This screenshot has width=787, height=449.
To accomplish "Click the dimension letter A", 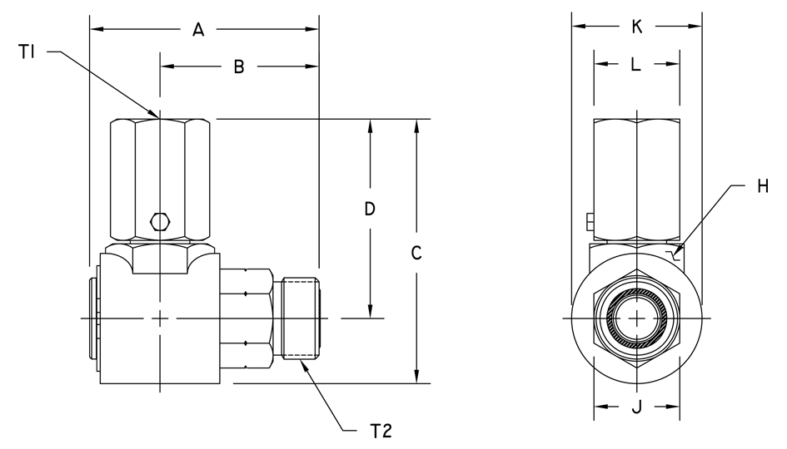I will [198, 30].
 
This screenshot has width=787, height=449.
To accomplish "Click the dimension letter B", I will [238, 67].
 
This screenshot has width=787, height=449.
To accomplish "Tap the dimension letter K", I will [637, 27].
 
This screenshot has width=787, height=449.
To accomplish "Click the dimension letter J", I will [636, 407].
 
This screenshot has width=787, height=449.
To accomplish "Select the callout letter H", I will [763, 187].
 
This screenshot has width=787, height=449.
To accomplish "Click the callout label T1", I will [27, 53].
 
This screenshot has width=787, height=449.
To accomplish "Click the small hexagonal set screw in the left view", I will [159, 221].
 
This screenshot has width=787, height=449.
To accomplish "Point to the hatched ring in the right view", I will [636, 318].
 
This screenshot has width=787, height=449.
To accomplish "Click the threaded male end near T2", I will [301, 318].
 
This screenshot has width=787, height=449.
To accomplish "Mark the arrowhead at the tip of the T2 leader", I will [306, 363].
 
